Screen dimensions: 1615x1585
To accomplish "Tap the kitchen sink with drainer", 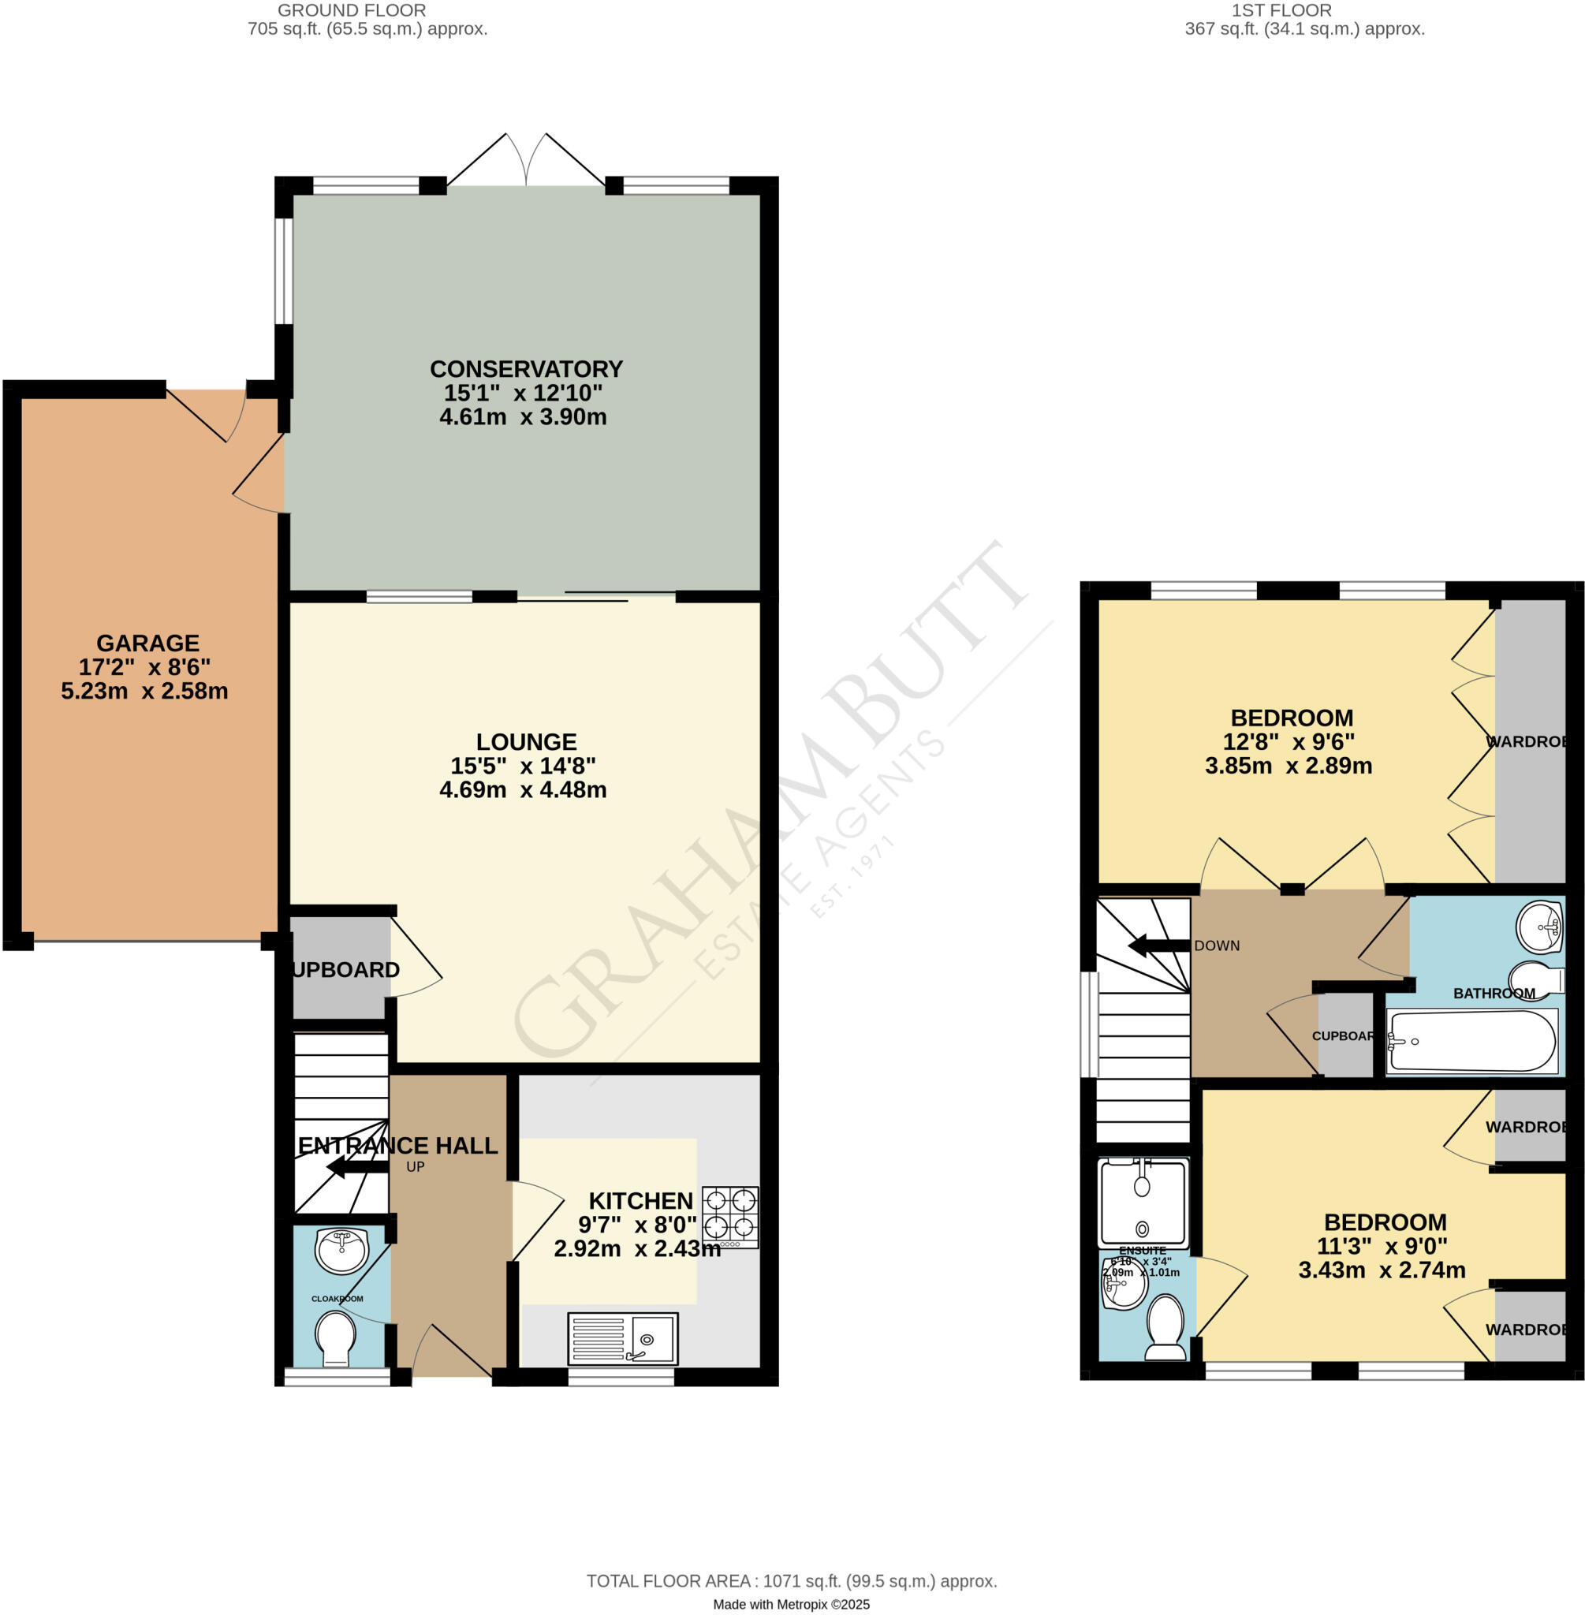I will pyautogui.click(x=623, y=1337).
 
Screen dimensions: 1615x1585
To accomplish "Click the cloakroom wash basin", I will pyautogui.click(x=342, y=1251).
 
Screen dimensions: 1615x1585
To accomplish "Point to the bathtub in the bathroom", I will pyautogui.click(x=1471, y=1042).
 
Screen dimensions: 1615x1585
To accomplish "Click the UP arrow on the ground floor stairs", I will pyautogui.click(x=357, y=1167).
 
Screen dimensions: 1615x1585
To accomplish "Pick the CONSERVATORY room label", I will pyautogui.click(x=526, y=369).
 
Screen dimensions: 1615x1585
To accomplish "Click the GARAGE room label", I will pyautogui.click(x=148, y=643).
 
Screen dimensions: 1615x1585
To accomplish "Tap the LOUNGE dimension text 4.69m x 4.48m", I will pyautogui.click(x=523, y=790).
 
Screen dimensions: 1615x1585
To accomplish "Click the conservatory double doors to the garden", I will pyautogui.click(x=526, y=162).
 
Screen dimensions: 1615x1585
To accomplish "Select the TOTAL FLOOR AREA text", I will pyautogui.click(x=792, y=1581).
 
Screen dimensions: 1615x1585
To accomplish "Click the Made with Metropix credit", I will pyautogui.click(x=792, y=1604).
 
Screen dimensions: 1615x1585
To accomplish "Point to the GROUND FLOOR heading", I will pyautogui.click(x=351, y=11).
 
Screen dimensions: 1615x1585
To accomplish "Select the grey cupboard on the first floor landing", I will pyautogui.click(x=1345, y=1035).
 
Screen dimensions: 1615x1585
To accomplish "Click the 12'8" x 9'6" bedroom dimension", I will pyautogui.click(x=1289, y=742).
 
